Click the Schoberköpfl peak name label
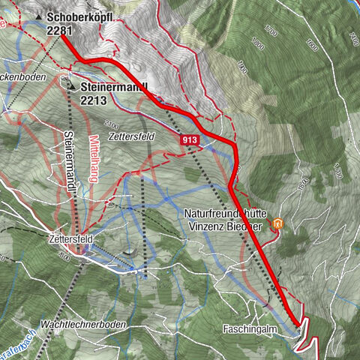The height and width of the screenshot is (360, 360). click(79, 16)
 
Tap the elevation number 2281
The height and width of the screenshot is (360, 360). click(58, 30)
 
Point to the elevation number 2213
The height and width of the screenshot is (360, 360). click(94, 100)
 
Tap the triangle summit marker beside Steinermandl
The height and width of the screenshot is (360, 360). click(72, 87)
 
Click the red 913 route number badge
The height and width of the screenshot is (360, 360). click(189, 139)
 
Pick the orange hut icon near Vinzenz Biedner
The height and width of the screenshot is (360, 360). click(278, 223)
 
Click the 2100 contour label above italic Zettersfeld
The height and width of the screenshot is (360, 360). click(112, 122)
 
